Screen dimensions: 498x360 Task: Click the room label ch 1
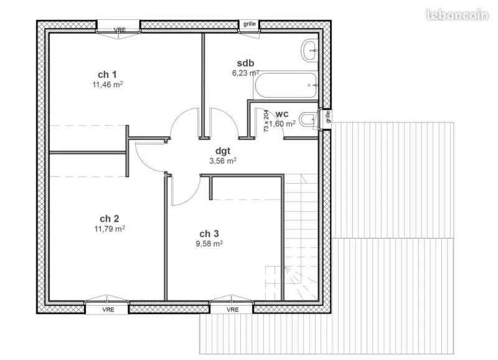click(x=107, y=75)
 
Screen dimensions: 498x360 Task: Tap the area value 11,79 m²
click(x=110, y=229)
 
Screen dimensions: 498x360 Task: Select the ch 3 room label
click(x=209, y=234)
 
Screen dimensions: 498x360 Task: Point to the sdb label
click(x=245, y=64)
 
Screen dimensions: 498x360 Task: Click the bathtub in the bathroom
click(x=286, y=85)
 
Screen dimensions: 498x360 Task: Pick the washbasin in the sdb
click(x=309, y=50)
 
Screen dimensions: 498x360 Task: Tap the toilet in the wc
click(x=308, y=120)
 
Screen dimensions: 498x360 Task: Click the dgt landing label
click(x=223, y=151)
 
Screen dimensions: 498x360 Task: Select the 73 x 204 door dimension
click(x=266, y=121)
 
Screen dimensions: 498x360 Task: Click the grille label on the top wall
click(x=250, y=24)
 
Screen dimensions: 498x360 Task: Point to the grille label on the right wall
click(x=328, y=117)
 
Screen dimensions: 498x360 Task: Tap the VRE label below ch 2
click(x=108, y=310)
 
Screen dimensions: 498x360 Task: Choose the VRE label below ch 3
click(x=233, y=310)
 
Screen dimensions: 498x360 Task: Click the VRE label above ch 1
click(x=120, y=30)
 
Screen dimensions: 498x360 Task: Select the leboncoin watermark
click(x=458, y=14)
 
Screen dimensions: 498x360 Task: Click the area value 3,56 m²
click(x=223, y=161)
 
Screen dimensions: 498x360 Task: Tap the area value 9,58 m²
click(x=209, y=244)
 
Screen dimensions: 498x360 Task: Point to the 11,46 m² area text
click(x=108, y=85)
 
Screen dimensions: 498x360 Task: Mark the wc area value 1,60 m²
click(x=283, y=123)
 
